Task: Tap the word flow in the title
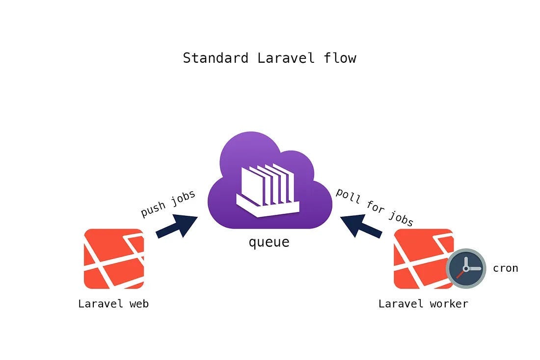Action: pyautogui.click(x=340, y=58)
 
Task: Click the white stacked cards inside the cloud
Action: pyautogui.click(x=268, y=191)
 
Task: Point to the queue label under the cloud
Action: pyautogui.click(x=269, y=242)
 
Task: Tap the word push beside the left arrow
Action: pyautogui.click(x=153, y=209)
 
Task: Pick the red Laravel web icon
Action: pyautogui.click(x=114, y=258)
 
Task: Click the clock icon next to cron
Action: pyautogui.click(x=466, y=268)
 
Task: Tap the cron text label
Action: pyautogui.click(x=505, y=268)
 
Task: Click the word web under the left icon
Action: pyautogui.click(x=139, y=304)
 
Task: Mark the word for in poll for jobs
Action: pyautogui.click(x=375, y=207)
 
